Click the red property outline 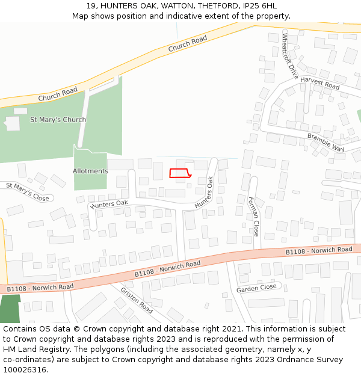[180, 173]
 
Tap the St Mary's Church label [58, 120]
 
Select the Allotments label [90, 171]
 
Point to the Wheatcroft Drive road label [290, 56]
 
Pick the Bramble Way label [326, 142]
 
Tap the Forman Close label [254, 216]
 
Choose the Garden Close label [256, 288]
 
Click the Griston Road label [137, 300]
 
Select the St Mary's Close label [28, 191]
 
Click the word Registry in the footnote [48, 350]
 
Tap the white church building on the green [12, 123]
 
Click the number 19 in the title [91, 6]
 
